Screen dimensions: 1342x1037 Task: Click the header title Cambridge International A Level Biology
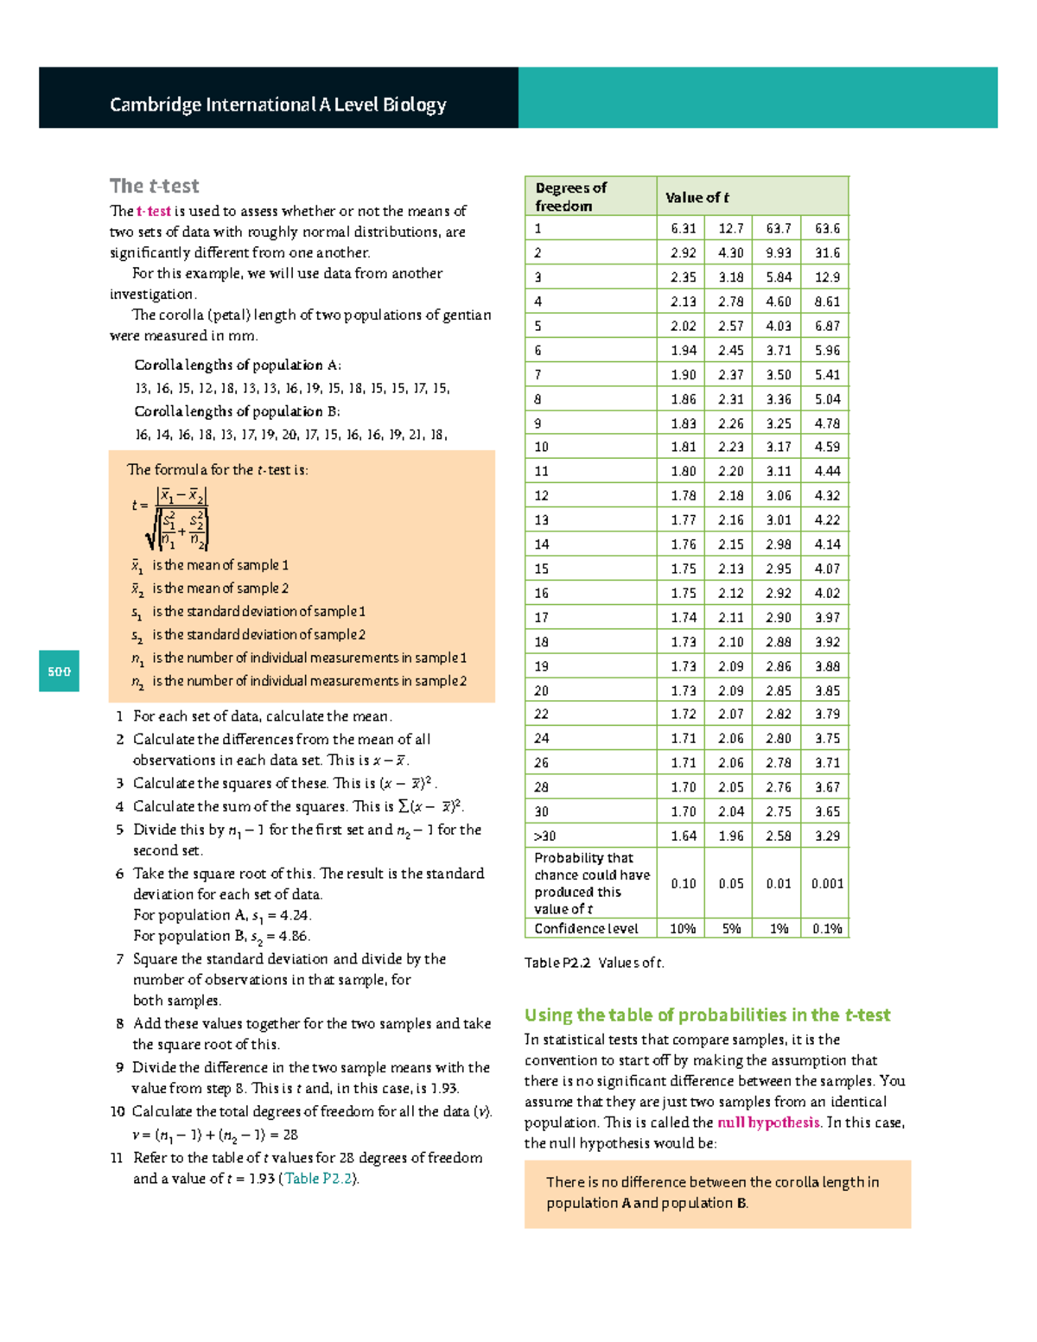[277, 105]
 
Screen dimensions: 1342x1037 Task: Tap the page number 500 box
[59, 671]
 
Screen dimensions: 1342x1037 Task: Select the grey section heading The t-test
[154, 186]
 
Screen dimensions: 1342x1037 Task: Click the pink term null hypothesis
[768, 1123]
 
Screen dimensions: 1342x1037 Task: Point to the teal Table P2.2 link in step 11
[318, 1179]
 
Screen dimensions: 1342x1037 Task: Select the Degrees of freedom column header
[571, 197]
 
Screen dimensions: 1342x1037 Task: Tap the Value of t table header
[697, 197]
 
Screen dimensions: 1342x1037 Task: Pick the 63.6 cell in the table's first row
[826, 228]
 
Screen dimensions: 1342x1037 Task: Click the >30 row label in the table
[544, 836]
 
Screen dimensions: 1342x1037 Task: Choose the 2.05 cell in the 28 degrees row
[730, 787]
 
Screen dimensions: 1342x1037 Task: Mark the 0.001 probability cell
[826, 883]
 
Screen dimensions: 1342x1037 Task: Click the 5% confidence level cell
[730, 928]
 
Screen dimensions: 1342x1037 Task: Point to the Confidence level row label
[586, 928]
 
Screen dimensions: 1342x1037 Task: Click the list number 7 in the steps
[120, 959]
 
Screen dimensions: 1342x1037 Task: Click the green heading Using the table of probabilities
[707, 1015]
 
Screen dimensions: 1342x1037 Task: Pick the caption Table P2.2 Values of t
[595, 963]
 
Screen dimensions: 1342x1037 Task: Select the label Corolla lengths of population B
[237, 411]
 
